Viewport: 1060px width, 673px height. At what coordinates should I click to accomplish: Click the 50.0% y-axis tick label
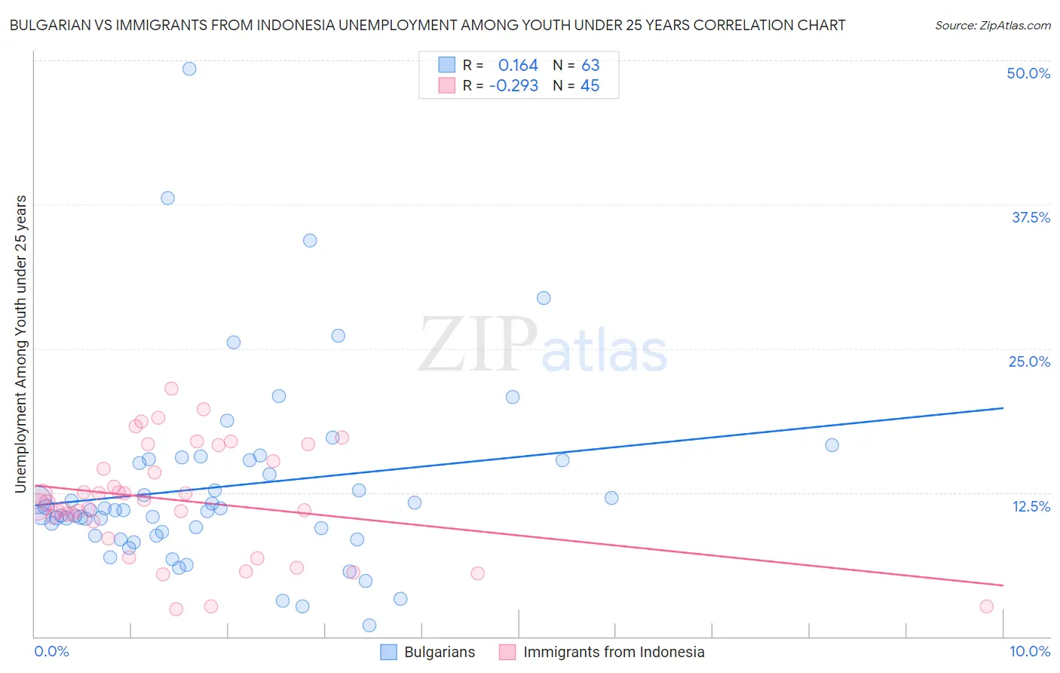1028,73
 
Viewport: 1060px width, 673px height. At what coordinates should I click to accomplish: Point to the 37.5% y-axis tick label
1031,217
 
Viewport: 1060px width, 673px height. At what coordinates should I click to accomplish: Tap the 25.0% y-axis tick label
1029,361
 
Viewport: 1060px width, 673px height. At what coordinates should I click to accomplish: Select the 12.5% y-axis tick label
1031,506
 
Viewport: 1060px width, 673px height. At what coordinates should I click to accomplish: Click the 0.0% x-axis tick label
51,651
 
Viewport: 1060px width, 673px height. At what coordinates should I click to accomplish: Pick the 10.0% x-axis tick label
1029,651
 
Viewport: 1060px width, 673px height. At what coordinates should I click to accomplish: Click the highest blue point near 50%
189,69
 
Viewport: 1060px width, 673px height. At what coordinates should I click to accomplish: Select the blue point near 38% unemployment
167,198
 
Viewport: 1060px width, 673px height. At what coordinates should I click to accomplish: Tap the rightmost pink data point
986,607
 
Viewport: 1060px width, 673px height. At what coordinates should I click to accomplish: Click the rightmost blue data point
832,445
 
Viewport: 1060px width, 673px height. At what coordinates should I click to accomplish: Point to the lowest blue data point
369,625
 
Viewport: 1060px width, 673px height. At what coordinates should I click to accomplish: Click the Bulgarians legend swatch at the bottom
388,652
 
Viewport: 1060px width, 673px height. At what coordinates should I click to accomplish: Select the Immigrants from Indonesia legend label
614,652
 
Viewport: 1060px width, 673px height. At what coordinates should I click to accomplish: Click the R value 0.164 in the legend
518,66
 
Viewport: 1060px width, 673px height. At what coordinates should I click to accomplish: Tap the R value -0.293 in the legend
513,86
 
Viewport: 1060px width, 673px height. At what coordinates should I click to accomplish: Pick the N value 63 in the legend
590,66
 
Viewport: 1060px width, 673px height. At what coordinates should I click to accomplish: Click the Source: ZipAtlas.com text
992,26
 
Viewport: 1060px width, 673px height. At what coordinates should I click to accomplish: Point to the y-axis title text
21,343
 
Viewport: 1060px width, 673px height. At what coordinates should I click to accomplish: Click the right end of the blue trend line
1003,408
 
